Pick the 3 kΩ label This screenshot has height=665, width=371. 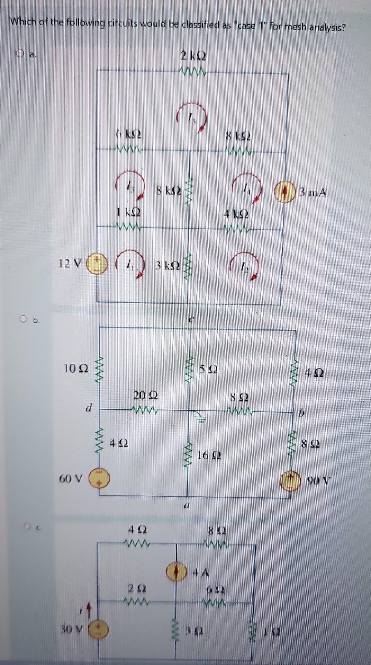[x=167, y=266]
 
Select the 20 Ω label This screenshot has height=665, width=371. [x=146, y=395]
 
